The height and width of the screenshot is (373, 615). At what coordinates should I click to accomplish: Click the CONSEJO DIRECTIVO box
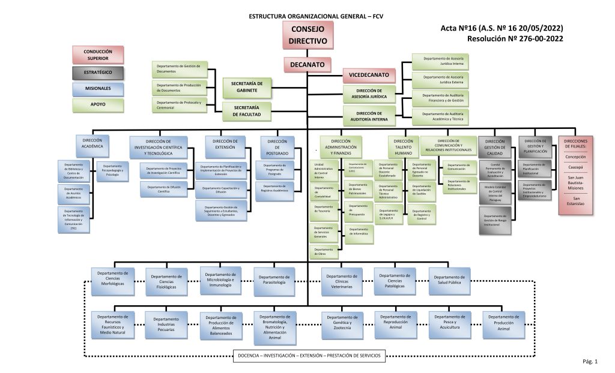pos(307,35)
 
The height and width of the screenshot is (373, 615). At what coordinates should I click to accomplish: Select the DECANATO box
pos(307,64)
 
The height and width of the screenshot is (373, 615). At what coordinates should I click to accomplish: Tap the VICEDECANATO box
pos(369,75)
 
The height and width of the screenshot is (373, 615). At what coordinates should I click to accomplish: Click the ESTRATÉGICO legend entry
pos(97,73)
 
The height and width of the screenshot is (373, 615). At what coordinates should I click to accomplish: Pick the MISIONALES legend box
pos(97,89)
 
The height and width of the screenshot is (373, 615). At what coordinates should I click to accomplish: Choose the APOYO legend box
pos(97,105)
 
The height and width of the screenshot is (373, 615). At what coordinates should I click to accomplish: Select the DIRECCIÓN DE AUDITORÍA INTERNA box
pos(369,116)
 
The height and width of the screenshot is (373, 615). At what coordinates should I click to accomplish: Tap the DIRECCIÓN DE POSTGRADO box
pos(277,147)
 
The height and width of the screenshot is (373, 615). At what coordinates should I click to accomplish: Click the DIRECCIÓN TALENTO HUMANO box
pos(403,147)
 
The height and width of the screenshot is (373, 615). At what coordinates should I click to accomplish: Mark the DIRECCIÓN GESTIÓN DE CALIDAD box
pos(495,147)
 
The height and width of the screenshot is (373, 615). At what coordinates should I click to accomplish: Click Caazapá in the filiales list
pos(575,167)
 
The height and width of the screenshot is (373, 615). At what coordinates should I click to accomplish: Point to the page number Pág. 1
pos(590,362)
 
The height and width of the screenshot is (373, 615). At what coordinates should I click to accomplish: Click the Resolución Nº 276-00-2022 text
pos(515,39)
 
